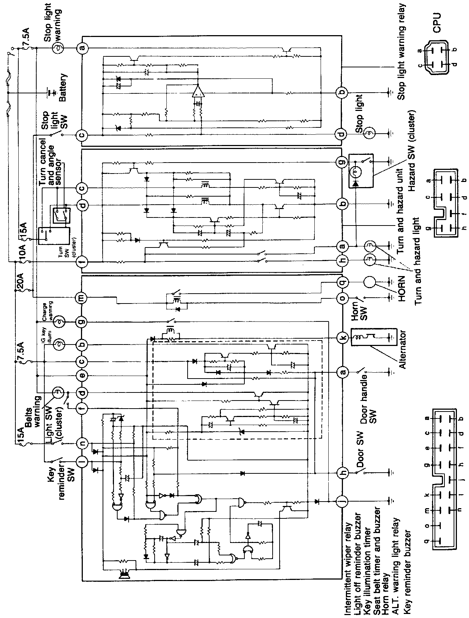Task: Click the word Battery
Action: [x=63, y=88]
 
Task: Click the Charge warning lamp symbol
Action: [x=59, y=322]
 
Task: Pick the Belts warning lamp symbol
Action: [x=58, y=393]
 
